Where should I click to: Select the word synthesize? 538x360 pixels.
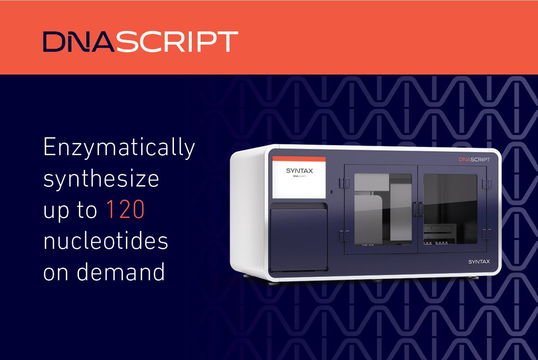click(x=101, y=179)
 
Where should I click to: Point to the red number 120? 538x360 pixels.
click(x=125, y=211)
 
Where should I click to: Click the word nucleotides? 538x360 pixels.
click(x=105, y=242)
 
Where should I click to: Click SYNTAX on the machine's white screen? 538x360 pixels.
click(x=298, y=171)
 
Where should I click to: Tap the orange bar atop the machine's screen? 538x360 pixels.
click(x=299, y=159)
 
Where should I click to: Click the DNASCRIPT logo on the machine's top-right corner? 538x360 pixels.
click(x=474, y=160)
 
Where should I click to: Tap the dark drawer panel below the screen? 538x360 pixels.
click(x=298, y=238)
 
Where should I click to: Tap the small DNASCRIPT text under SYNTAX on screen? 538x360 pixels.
click(x=298, y=176)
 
